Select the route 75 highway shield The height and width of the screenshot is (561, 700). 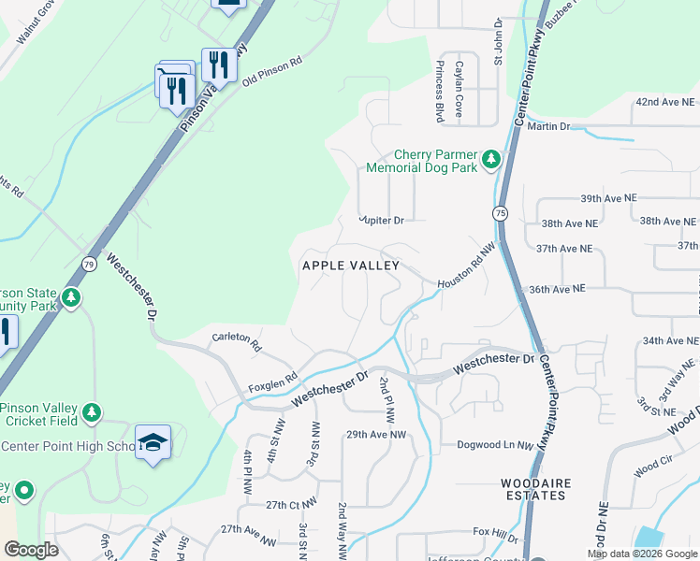pos(501,213)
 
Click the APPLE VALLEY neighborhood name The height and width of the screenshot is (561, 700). pos(350,266)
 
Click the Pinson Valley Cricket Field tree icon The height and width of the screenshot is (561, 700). pos(91,412)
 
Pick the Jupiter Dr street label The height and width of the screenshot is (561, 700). pos(382,221)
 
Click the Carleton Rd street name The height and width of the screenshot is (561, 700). pos(237,340)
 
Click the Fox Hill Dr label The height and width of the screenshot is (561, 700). pos(495,533)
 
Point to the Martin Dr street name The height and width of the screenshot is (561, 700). pos(548,126)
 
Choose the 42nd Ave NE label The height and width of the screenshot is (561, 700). pos(664,101)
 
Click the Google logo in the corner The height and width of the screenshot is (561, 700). pos(30,550)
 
